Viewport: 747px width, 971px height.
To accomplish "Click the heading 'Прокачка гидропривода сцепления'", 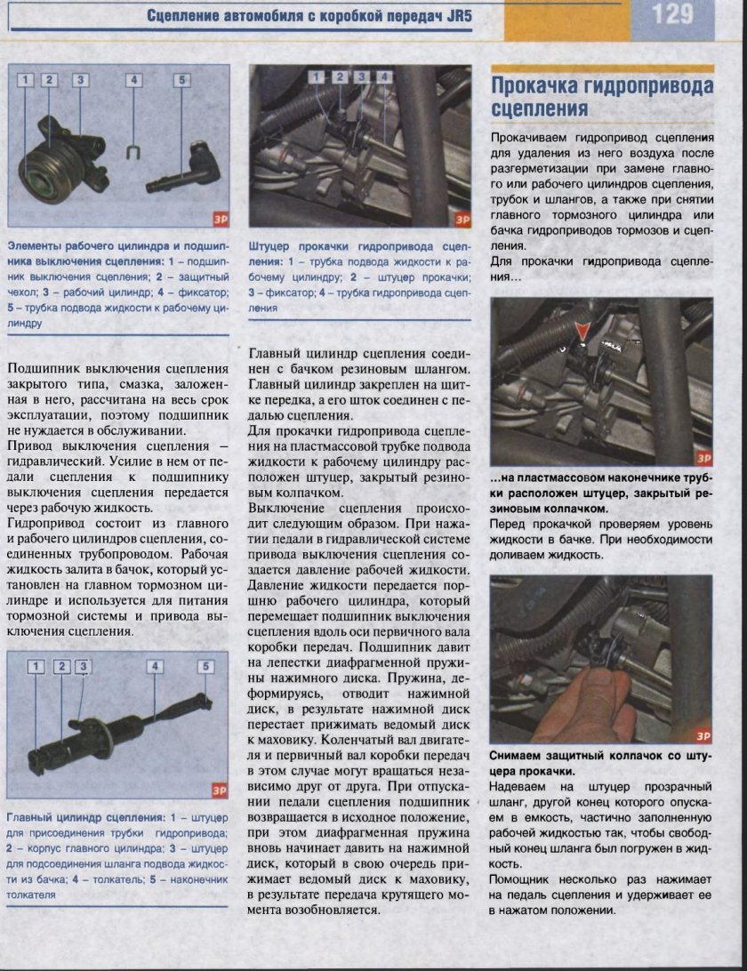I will [602, 97].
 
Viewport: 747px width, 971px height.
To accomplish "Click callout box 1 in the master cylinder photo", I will [36, 666].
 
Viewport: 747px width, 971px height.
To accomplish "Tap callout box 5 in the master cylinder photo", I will [205, 666].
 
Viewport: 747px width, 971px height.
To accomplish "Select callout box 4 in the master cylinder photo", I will [154, 666].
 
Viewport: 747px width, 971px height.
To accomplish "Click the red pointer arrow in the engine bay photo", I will [582, 333].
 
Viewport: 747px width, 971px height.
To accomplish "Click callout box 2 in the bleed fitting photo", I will [339, 77].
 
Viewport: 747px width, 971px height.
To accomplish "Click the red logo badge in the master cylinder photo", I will [219, 790].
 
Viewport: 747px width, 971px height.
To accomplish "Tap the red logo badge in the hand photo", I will [703, 735].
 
